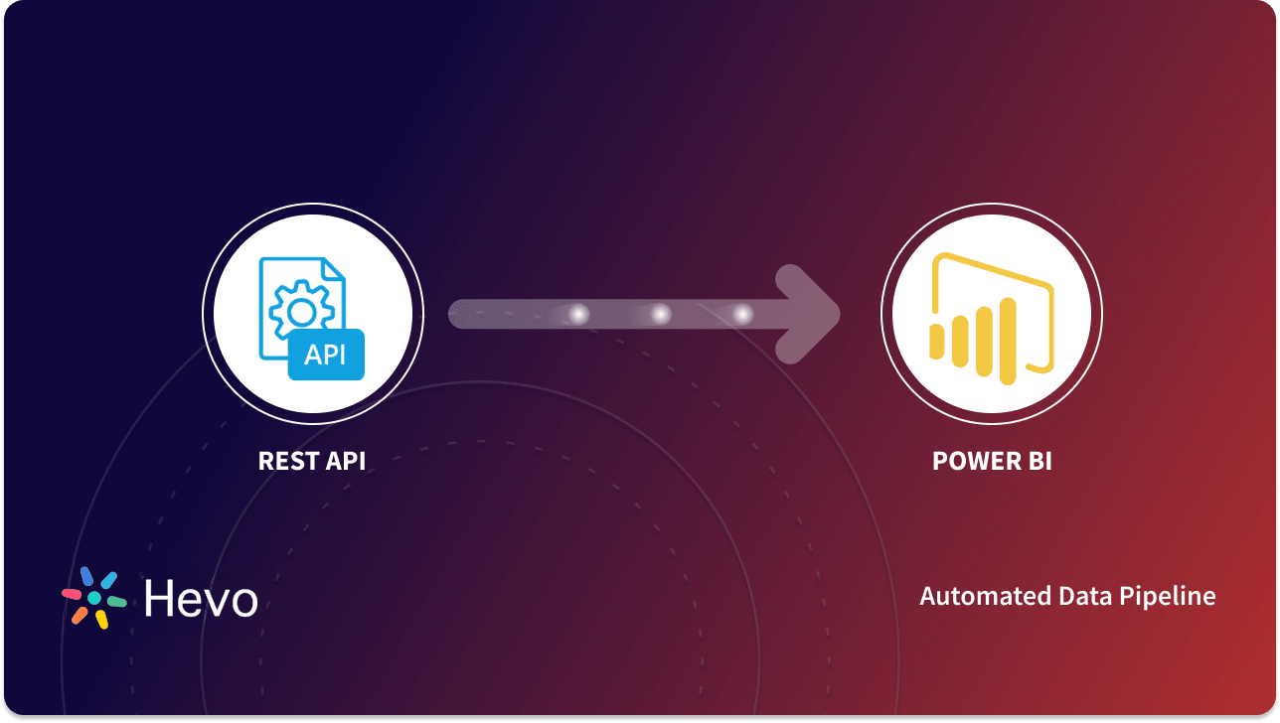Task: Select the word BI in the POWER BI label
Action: pyautogui.click(x=1039, y=461)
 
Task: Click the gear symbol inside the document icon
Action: pyautogui.click(x=301, y=312)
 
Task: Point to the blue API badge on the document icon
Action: pyautogui.click(x=326, y=355)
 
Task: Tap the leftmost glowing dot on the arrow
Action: pyautogui.click(x=577, y=315)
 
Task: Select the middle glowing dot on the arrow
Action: pyautogui.click(x=660, y=315)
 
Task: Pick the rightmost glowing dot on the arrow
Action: pyautogui.click(x=742, y=315)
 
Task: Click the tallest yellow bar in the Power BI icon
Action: pyautogui.click(x=1008, y=337)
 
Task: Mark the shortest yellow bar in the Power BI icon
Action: pyautogui.click(x=936, y=341)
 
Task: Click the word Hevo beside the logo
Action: pyautogui.click(x=201, y=598)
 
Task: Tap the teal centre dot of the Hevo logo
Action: pyautogui.click(x=94, y=598)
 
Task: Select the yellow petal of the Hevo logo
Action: pyautogui.click(x=101, y=619)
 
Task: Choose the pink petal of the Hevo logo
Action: pyautogui.click(x=72, y=593)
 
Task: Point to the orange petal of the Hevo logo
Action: pyautogui.click(x=79, y=616)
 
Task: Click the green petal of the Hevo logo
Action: pyautogui.click(x=116, y=602)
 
